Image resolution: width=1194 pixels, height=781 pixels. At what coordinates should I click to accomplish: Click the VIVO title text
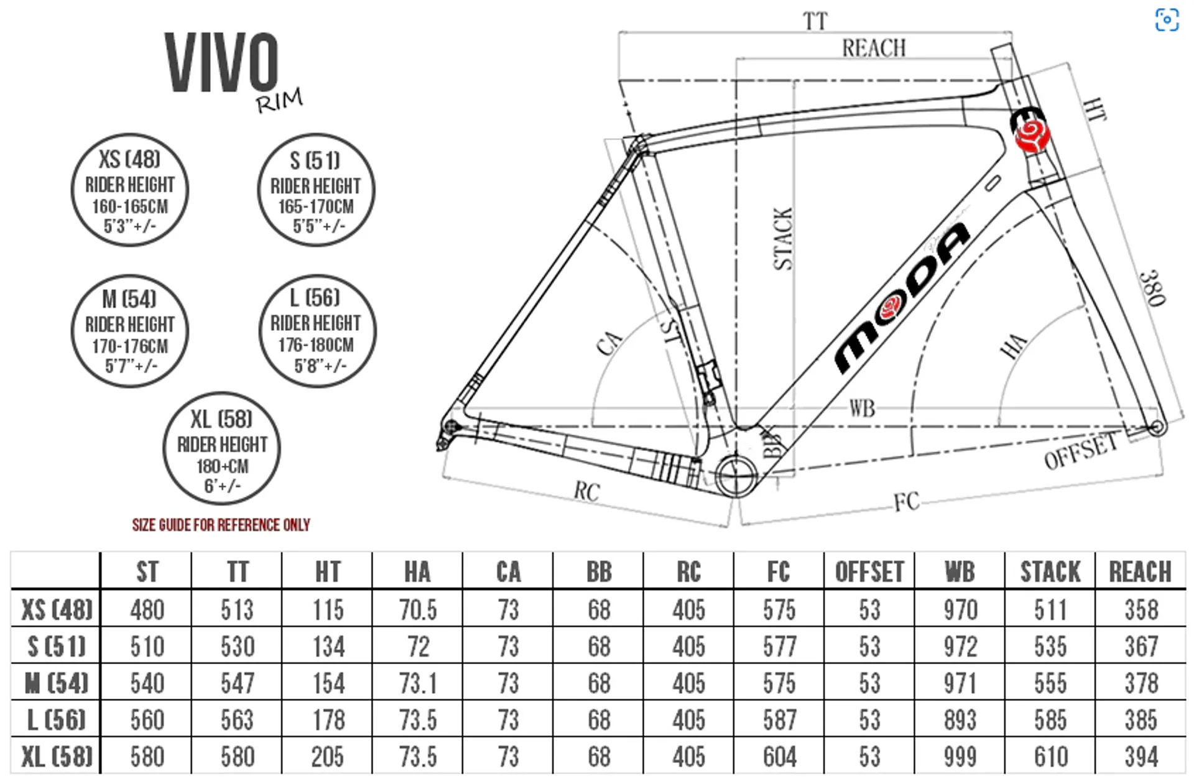click(x=221, y=62)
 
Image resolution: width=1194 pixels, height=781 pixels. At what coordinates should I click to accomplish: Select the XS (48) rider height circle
click(x=130, y=190)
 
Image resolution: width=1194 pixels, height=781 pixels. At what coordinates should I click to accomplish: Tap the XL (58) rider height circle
click(x=222, y=448)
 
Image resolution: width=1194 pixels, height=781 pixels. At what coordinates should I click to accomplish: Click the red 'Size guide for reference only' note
click(x=221, y=525)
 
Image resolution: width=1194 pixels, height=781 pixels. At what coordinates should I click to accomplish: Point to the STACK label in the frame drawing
click(x=783, y=239)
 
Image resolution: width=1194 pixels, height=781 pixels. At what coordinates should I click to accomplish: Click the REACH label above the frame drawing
click(x=874, y=48)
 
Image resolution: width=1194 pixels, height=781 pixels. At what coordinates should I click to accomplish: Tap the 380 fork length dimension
click(x=1152, y=287)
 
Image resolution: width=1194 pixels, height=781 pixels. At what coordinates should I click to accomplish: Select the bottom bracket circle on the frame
click(x=736, y=476)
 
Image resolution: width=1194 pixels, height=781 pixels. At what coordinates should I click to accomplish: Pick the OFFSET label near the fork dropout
click(x=1081, y=451)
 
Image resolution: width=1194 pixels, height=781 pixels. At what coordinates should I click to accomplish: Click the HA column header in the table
click(x=417, y=571)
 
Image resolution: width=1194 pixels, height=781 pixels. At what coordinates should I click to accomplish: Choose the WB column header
click(x=960, y=571)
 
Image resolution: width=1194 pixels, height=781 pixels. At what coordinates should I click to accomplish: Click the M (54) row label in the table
click(x=56, y=683)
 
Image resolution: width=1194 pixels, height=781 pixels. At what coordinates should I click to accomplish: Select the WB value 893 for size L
click(x=960, y=720)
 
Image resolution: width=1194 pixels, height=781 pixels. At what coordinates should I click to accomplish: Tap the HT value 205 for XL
click(x=328, y=757)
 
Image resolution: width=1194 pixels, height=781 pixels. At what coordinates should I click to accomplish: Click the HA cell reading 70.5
click(x=417, y=610)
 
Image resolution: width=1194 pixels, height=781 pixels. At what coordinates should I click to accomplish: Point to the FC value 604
click(x=779, y=757)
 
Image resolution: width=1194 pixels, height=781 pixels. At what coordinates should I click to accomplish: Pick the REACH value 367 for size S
click(x=1141, y=647)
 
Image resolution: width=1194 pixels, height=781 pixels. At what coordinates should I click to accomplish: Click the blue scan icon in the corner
click(x=1167, y=20)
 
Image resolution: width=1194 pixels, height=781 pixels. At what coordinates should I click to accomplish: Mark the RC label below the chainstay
click(x=586, y=491)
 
